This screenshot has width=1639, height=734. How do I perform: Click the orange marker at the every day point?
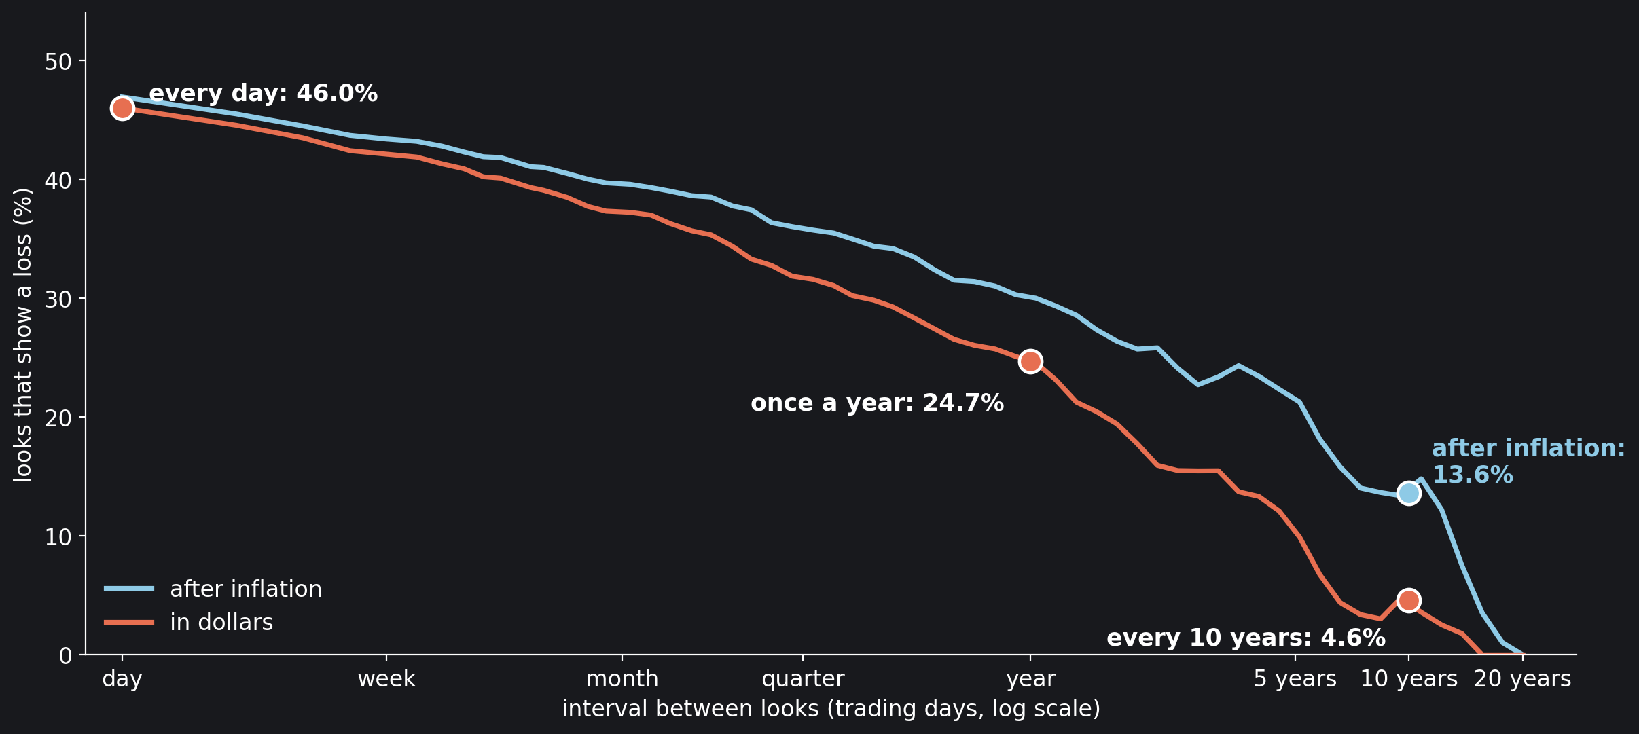pyautogui.click(x=122, y=108)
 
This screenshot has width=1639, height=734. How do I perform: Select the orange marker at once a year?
pyautogui.click(x=1030, y=361)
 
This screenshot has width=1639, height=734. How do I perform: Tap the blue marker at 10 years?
pyautogui.click(x=1409, y=493)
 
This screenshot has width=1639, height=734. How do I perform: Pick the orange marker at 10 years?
pyautogui.click(x=1409, y=600)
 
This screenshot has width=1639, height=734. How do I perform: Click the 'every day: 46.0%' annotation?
pyautogui.click(x=263, y=94)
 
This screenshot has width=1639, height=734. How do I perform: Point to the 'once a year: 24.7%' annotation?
pyautogui.click(x=877, y=403)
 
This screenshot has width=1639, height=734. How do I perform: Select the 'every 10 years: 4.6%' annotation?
pyautogui.click(x=1246, y=638)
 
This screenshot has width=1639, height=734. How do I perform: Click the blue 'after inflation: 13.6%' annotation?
pyautogui.click(x=1528, y=462)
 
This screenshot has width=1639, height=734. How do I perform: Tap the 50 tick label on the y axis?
pyautogui.click(x=58, y=62)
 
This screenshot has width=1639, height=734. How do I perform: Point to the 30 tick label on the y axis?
pyautogui.click(x=58, y=299)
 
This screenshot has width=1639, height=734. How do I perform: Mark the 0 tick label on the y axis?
pyautogui.click(x=65, y=656)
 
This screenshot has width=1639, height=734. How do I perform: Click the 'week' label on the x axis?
pyautogui.click(x=386, y=679)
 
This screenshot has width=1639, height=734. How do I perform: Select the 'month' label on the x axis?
pyautogui.click(x=622, y=679)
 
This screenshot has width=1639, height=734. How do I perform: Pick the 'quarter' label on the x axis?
pyautogui.click(x=803, y=680)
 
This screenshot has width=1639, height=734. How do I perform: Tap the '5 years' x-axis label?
pyautogui.click(x=1295, y=680)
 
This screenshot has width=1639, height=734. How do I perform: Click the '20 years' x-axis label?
pyautogui.click(x=1522, y=680)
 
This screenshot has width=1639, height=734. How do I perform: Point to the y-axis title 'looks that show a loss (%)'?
pyautogui.click(x=23, y=335)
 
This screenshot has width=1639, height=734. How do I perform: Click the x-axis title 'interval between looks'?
pyautogui.click(x=690, y=709)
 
